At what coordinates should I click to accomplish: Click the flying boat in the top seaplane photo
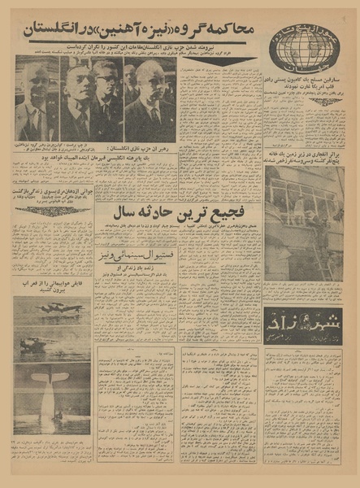tap(49, 310)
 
